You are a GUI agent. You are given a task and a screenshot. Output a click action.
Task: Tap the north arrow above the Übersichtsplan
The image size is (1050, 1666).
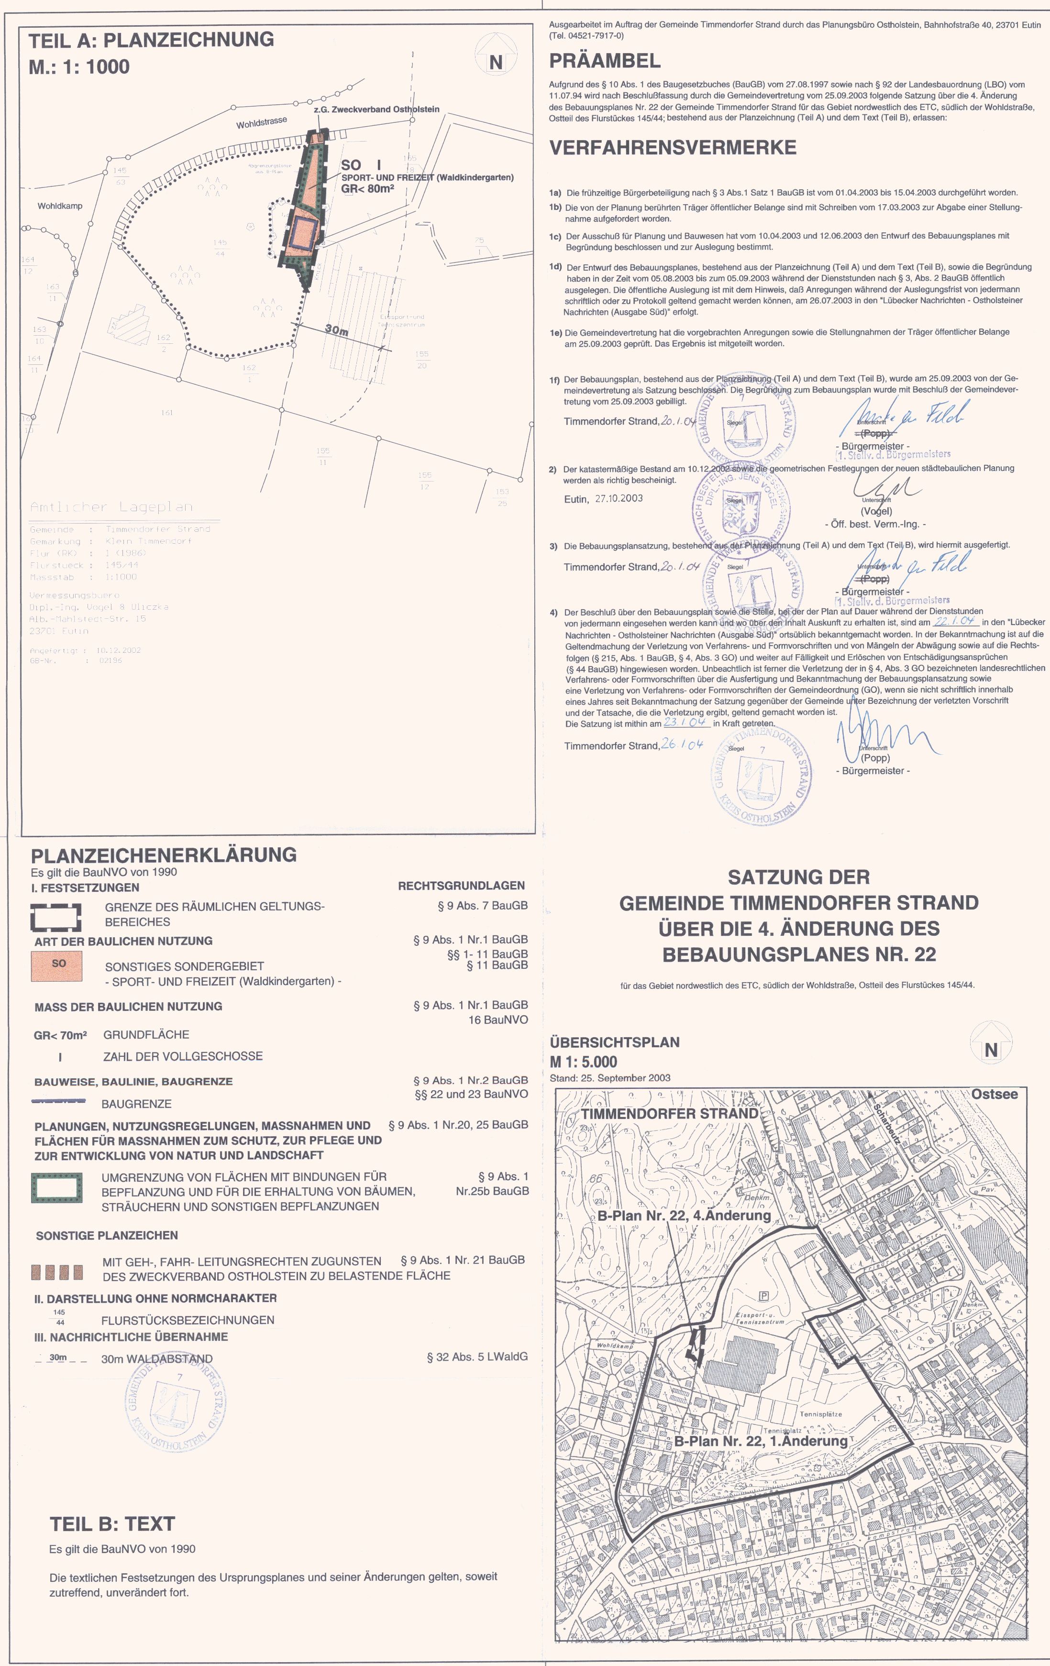click(x=991, y=1047)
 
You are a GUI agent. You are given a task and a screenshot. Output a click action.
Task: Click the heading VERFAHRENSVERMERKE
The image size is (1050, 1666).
click(x=672, y=147)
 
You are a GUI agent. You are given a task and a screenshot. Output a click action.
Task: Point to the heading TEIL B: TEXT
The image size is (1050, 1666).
click(x=112, y=1524)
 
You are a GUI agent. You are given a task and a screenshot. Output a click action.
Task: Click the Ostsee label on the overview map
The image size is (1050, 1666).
click(x=994, y=1094)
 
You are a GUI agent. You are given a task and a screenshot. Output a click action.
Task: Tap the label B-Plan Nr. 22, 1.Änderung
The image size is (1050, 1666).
click(x=761, y=1441)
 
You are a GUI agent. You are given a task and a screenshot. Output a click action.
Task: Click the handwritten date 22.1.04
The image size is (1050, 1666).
click(x=954, y=622)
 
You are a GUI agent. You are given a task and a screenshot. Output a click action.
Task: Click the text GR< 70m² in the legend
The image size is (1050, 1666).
click(x=60, y=1035)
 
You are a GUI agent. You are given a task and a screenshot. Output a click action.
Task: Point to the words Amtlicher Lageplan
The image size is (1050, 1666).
click(x=111, y=507)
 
